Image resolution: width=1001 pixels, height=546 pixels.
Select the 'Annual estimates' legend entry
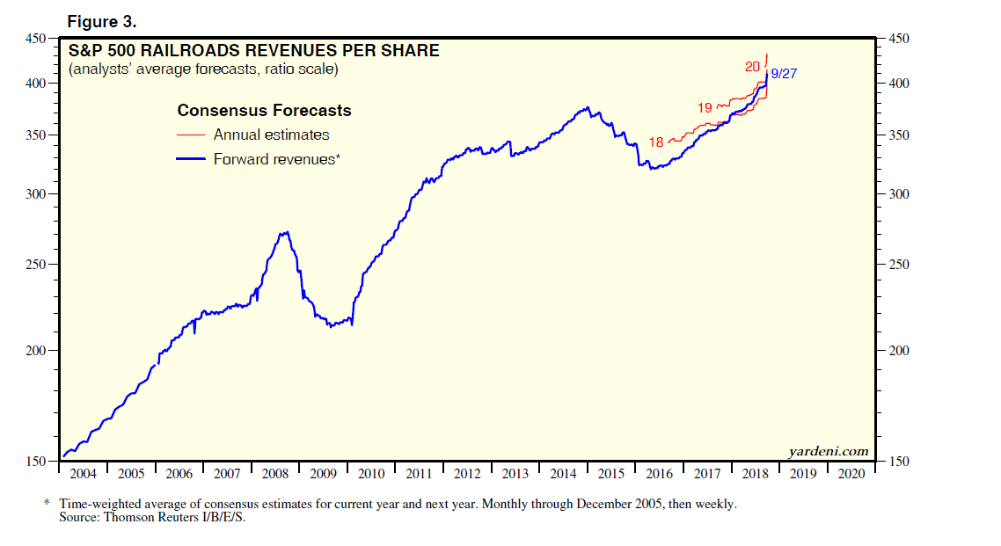(271, 135)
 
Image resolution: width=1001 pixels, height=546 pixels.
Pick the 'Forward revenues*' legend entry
(276, 159)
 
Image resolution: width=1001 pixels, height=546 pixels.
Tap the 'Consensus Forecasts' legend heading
(264, 111)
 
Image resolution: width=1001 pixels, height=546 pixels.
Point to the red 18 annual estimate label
(656, 142)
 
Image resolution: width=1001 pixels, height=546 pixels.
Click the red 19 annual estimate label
(705, 107)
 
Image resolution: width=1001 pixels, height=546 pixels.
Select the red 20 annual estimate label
(752, 66)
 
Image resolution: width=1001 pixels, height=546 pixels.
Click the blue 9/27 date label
(784, 74)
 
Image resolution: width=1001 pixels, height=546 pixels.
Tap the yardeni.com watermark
(829, 451)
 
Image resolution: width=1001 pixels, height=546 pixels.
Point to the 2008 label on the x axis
(274, 474)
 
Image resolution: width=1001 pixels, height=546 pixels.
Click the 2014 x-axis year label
(563, 474)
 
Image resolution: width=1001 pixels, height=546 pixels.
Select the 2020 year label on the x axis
(851, 474)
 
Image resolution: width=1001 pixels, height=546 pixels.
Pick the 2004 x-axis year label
(83, 474)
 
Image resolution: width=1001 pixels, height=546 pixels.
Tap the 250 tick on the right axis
(898, 265)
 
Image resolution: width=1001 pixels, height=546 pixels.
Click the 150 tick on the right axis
(898, 462)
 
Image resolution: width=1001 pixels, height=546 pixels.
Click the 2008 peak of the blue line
(284, 232)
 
